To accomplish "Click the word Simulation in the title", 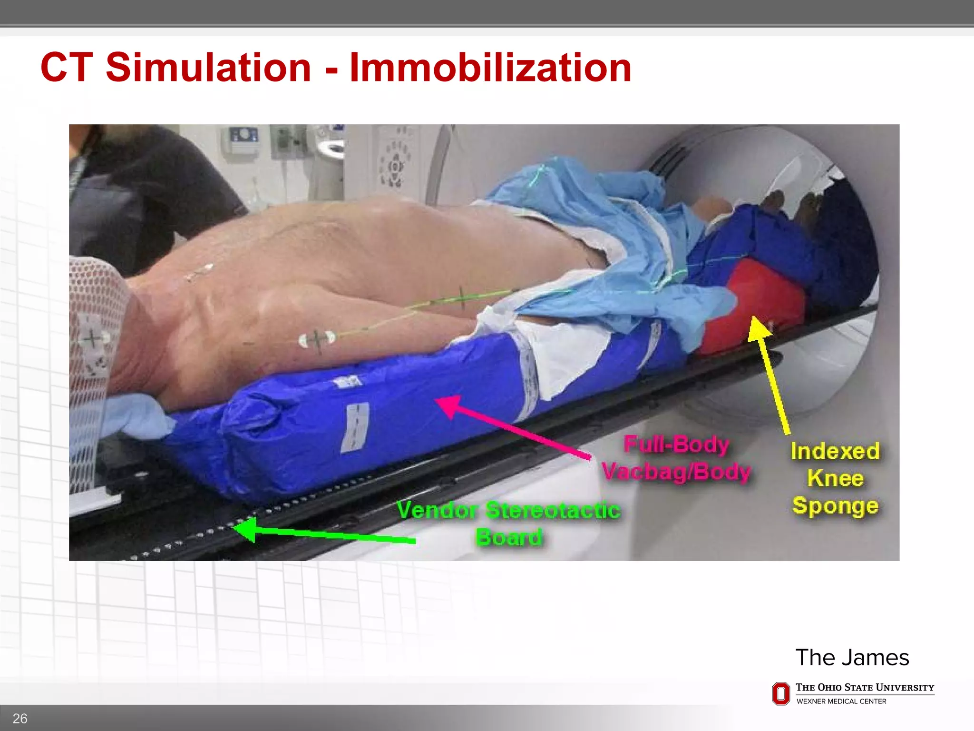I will click(208, 67).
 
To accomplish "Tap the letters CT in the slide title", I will click(66, 67).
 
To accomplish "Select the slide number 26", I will click(19, 718).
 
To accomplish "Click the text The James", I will click(852, 657).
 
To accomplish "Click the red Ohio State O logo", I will click(780, 693).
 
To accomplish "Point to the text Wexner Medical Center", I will click(841, 701).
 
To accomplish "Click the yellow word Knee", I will click(835, 478).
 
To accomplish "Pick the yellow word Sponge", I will click(835, 506).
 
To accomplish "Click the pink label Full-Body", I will click(676, 445).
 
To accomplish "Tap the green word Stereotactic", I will click(553, 510).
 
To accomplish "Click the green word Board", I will click(508, 537).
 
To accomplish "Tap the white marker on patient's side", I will click(317, 339).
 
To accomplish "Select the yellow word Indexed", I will click(835, 451).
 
